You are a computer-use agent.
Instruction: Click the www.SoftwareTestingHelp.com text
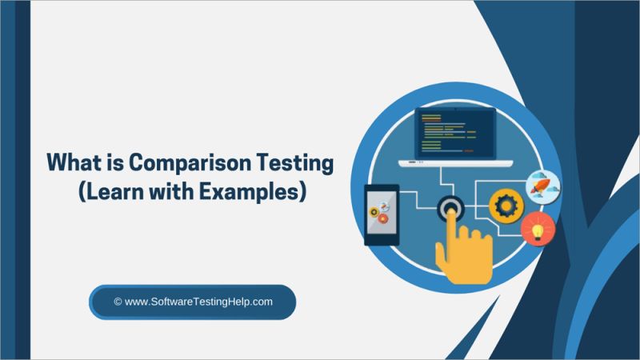coord(200,302)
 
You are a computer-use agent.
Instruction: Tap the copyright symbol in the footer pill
coord(118,302)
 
